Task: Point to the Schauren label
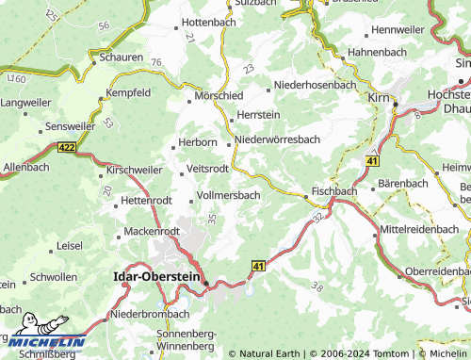coord(122,57)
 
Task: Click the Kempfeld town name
coord(129,94)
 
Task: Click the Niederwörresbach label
coord(279,139)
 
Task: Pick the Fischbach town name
coord(334,190)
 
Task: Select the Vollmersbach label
coord(228,195)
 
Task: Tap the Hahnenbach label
coord(376,51)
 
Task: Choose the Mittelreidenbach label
coord(424,230)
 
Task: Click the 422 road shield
coord(66,148)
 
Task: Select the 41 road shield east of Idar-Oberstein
coord(256,268)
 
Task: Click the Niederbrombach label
coord(151,314)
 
